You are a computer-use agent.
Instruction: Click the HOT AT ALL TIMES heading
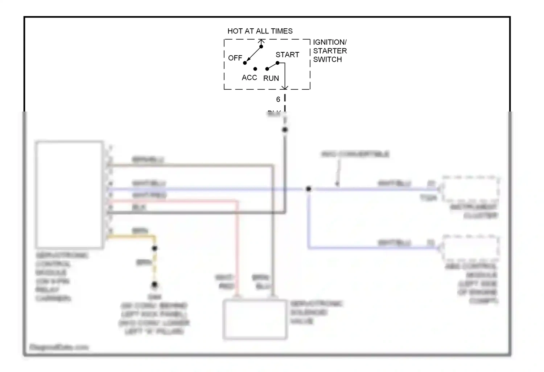(260, 31)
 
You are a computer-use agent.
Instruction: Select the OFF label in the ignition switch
(235, 58)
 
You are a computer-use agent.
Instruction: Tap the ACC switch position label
(249, 78)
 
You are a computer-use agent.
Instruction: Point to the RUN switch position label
(271, 78)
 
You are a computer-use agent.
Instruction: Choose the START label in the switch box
(287, 55)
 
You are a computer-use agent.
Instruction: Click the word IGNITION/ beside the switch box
(330, 42)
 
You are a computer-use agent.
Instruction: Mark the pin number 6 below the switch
(278, 100)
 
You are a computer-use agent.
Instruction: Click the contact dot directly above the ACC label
(255, 69)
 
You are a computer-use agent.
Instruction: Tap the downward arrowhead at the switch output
(285, 87)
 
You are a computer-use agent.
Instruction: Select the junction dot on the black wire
(285, 130)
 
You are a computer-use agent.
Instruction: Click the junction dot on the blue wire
(308, 189)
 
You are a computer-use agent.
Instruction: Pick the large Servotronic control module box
(69, 194)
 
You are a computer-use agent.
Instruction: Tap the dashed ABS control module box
(470, 248)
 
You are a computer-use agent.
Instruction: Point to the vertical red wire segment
(237, 247)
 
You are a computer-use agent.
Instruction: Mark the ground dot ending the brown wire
(154, 285)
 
